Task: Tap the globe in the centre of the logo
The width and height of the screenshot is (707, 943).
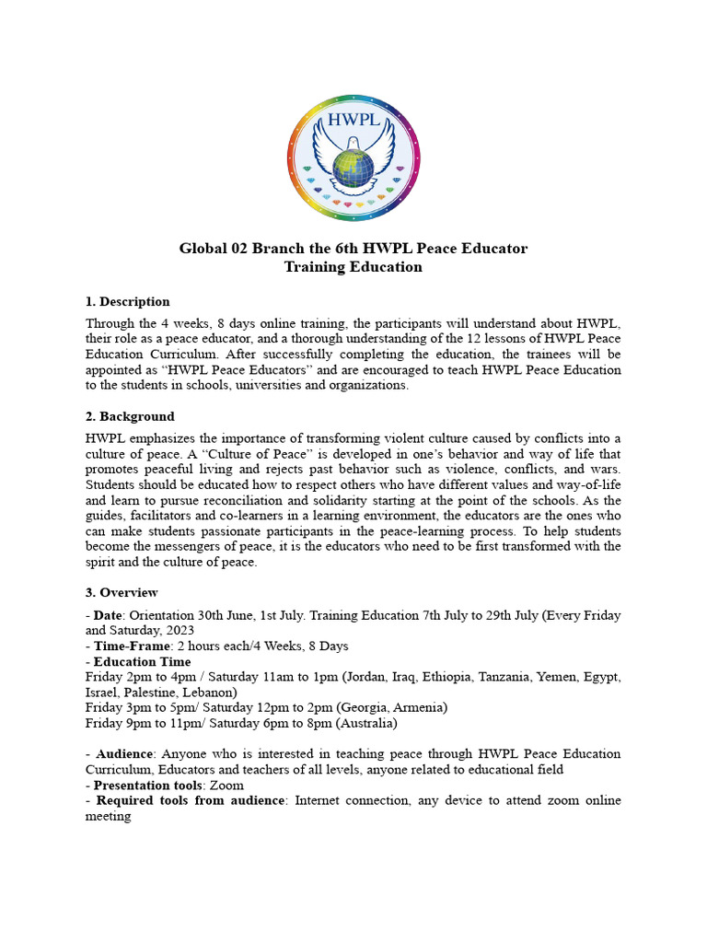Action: click(x=353, y=168)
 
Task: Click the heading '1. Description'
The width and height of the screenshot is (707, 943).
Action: click(x=128, y=302)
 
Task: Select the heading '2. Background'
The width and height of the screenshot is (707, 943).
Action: click(x=130, y=417)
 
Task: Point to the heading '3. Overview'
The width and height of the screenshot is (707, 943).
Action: click(x=122, y=593)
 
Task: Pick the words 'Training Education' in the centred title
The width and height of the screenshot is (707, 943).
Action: click(x=353, y=267)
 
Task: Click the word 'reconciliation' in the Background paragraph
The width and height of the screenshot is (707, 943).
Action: click(x=226, y=501)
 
